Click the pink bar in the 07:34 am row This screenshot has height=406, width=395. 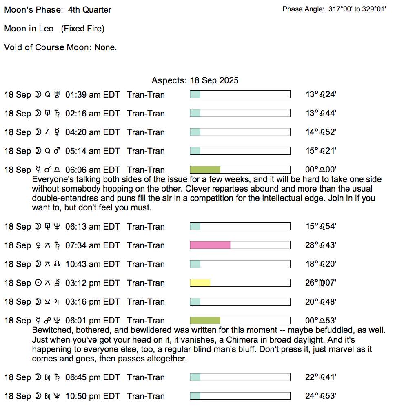coord(210,245)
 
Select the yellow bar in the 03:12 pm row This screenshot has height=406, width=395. coord(200,283)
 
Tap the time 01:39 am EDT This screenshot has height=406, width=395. coord(93,95)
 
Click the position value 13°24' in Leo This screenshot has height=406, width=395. coord(321,95)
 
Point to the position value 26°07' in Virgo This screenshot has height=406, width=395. coord(321,283)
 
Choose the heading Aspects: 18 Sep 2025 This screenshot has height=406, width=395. coord(195,80)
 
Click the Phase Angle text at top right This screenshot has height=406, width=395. coord(334,9)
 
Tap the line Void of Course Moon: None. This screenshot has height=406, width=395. coord(60,47)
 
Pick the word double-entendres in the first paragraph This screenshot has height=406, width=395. coord(64,199)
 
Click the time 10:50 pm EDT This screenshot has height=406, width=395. coord(93,396)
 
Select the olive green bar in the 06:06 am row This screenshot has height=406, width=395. coord(205,170)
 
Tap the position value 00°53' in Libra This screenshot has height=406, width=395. coord(321,320)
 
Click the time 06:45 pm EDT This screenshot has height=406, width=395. coord(93,377)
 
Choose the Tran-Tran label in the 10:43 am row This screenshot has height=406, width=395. coord(146,264)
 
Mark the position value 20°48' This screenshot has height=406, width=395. coord(321,301)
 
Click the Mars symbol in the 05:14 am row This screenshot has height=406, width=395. coord(57,151)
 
